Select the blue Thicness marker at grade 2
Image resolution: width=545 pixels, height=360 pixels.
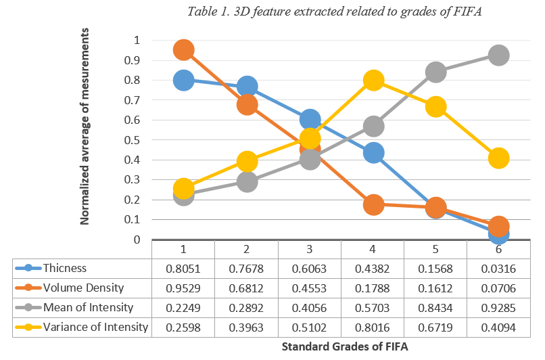(247, 87)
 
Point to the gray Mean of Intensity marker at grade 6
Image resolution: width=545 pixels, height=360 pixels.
(498, 55)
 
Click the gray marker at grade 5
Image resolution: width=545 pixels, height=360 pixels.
(435, 72)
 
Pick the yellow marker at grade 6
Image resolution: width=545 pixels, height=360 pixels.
(498, 158)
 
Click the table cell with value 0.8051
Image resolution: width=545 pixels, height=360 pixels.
(184, 269)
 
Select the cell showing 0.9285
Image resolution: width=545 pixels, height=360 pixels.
(498, 308)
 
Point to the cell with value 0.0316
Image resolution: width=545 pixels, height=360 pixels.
(498, 269)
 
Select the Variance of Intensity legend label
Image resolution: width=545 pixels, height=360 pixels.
(95, 328)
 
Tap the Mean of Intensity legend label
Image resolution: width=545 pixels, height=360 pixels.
(87, 308)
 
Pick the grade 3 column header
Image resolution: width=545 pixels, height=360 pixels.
(310, 249)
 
